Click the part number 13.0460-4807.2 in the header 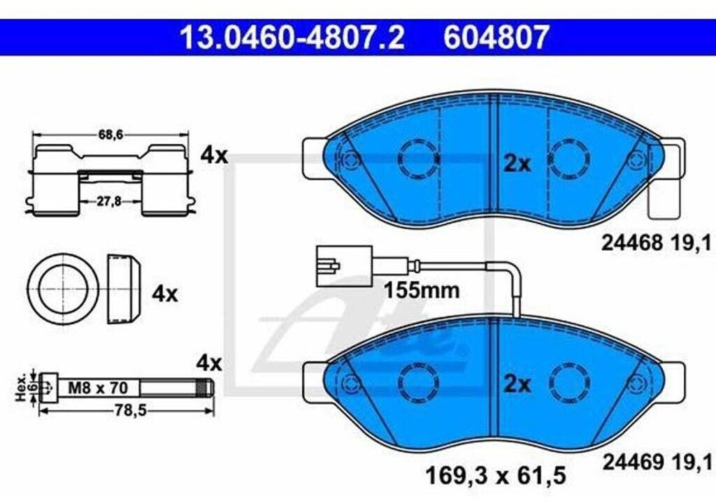tap(292, 37)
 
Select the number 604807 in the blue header tap(496, 37)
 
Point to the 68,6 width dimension tap(111, 135)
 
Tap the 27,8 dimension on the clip tap(109, 201)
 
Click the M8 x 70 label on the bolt tap(98, 388)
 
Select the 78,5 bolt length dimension tap(130, 411)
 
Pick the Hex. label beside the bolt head tap(21, 388)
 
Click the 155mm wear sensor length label tap(422, 290)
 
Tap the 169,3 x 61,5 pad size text tap(496, 475)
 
